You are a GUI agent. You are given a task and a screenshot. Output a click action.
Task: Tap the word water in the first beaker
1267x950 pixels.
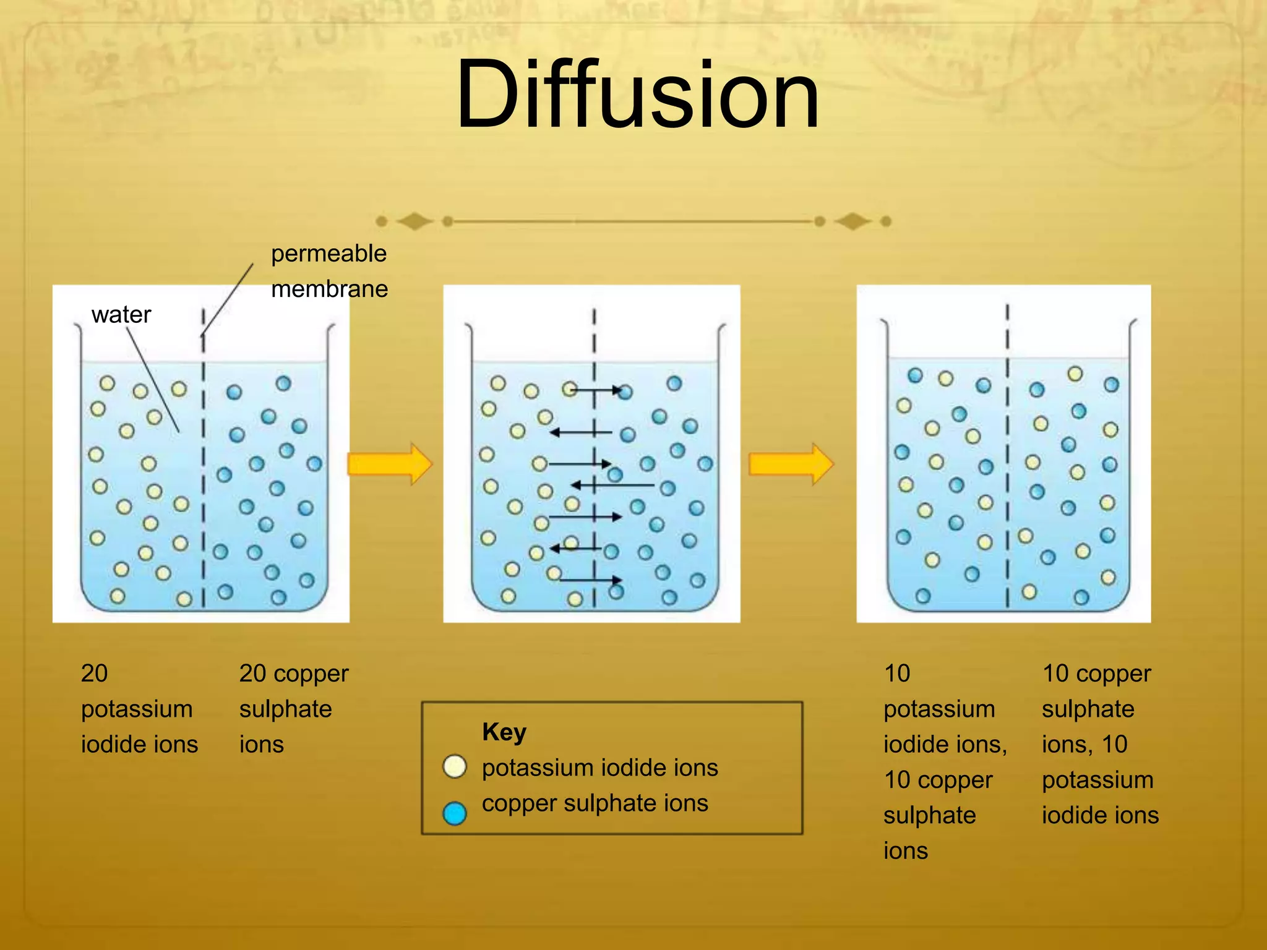coord(121,315)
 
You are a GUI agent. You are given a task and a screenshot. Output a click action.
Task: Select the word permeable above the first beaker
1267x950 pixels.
coord(329,254)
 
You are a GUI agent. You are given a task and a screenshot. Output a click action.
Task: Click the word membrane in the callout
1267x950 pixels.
coord(329,289)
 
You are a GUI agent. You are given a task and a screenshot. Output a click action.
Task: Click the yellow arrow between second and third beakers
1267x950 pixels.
coord(791,463)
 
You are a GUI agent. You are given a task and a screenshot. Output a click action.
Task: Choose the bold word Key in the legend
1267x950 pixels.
coord(504,732)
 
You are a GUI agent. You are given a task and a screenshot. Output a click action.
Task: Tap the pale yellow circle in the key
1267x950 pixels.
coord(455,767)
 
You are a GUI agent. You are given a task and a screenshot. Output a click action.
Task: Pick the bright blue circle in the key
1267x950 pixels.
coord(455,813)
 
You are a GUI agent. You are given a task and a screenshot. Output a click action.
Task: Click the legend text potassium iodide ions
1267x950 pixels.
coord(599,768)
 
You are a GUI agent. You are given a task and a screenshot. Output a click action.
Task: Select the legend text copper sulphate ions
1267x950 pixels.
coord(595,803)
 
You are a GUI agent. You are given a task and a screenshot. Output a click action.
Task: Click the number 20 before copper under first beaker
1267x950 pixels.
coord(252,673)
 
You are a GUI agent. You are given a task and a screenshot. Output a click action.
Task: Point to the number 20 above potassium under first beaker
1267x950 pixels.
coord(94,673)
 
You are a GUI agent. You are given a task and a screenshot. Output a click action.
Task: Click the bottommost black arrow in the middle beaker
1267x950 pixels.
coord(591,580)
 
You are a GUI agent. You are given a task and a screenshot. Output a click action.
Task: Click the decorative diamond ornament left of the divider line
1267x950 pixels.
coord(414,221)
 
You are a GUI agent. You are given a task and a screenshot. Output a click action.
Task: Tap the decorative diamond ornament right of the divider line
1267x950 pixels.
coord(853,221)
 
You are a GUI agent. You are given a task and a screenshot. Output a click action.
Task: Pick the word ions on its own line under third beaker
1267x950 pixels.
coord(906,851)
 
